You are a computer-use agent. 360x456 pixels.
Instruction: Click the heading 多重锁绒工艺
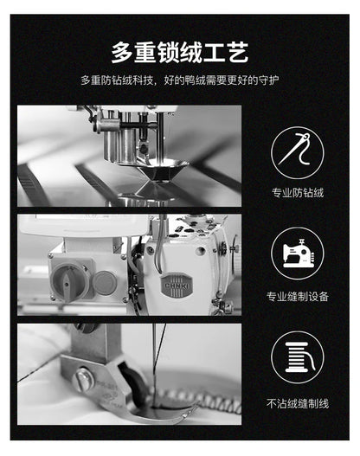pos(180,52)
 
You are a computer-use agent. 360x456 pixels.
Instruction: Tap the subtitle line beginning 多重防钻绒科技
pos(180,80)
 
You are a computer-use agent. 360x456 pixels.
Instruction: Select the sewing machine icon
pos(297,254)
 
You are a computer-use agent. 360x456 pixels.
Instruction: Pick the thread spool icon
pos(297,357)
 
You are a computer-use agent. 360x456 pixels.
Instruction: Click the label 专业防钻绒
pos(298,193)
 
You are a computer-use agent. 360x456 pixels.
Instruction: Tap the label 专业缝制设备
pos(298,296)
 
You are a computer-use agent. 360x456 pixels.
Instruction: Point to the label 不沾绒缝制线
pos(298,404)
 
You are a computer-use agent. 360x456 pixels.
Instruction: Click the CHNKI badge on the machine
pos(177,286)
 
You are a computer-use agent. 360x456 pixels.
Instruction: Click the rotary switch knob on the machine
pos(67,279)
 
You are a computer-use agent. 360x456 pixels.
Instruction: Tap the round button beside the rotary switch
pos(105,282)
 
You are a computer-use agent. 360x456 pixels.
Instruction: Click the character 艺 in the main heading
pos(238,52)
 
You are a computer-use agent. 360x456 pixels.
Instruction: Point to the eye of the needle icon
pos(305,137)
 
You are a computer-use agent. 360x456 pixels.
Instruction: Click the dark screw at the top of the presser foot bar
pos(86,327)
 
